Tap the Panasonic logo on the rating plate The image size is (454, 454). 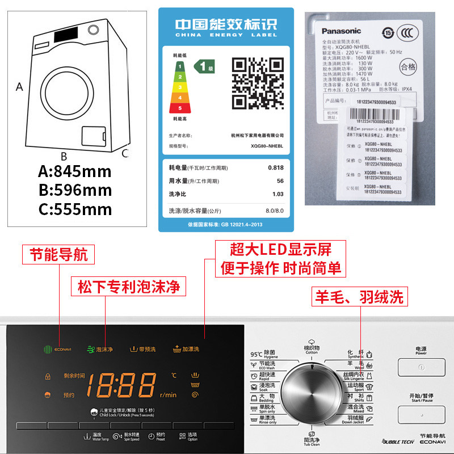tap(342, 31)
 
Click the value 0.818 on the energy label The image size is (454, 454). tap(276, 168)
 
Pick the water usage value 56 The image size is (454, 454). tap(280, 181)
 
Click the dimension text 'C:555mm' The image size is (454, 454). tap(75, 209)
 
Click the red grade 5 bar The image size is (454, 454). tap(180, 107)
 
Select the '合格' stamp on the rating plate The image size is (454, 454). tap(408, 66)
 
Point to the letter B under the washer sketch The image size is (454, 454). tap(64, 156)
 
